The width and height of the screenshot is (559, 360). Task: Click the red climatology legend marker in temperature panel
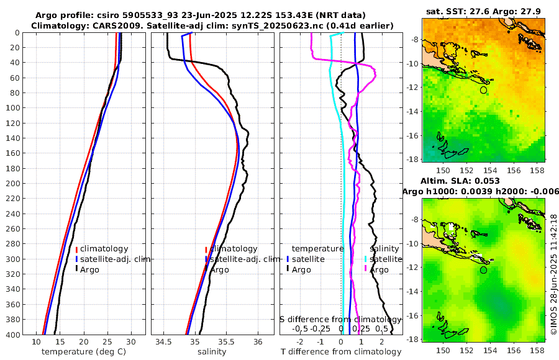[76, 249]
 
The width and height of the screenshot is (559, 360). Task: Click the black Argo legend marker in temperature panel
[76, 269]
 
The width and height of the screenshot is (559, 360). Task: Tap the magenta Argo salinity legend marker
[365, 269]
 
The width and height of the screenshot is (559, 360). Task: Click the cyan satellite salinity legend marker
[365, 259]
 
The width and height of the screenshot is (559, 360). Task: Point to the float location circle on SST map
[483, 90]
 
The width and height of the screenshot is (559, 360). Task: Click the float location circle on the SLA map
[483, 270]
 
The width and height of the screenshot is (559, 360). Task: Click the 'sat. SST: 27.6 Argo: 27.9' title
[484, 11]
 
